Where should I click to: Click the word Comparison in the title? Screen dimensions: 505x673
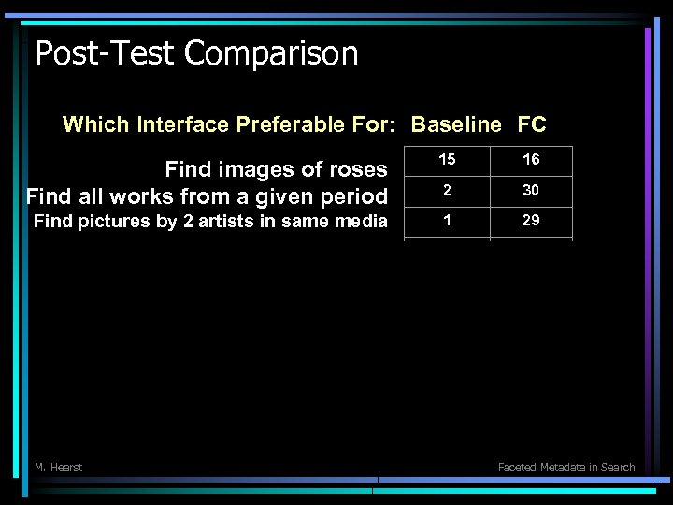pos(272,53)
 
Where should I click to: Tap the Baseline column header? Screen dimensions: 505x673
pos(456,124)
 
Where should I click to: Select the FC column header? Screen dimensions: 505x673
pos(532,124)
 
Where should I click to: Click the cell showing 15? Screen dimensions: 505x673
pos(447,160)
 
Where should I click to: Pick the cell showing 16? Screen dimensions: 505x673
pos(531,160)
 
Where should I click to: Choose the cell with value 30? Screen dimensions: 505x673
pos(531,190)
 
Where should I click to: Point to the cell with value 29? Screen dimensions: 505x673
pos(531,221)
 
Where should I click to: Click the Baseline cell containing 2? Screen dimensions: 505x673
pos(447,190)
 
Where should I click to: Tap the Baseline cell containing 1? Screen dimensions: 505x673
pos(447,221)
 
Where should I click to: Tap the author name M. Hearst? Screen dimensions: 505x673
pos(58,467)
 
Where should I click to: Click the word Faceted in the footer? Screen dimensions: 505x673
pos(518,467)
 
